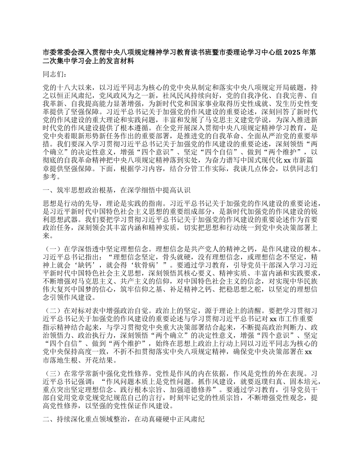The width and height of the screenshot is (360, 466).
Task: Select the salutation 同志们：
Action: [55, 75]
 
